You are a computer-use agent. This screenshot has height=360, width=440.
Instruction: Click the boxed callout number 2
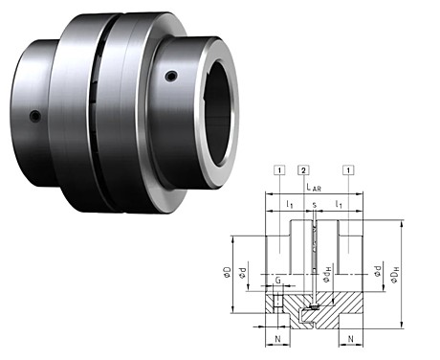(x=303, y=170)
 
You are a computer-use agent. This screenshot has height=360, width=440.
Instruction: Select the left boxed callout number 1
(x=279, y=170)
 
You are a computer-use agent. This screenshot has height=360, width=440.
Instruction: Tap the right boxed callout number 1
(x=348, y=170)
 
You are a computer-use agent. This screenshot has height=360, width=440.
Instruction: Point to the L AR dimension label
(x=314, y=188)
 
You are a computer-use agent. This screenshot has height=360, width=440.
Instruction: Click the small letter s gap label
(x=315, y=205)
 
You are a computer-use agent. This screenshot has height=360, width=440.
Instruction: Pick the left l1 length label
(x=290, y=205)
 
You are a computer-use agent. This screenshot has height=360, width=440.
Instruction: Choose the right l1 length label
(x=339, y=205)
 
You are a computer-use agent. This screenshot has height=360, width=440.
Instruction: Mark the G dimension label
(x=278, y=281)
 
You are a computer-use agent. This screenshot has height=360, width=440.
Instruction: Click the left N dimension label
(x=277, y=339)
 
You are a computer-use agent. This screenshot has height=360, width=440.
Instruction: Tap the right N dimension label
(x=351, y=339)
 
